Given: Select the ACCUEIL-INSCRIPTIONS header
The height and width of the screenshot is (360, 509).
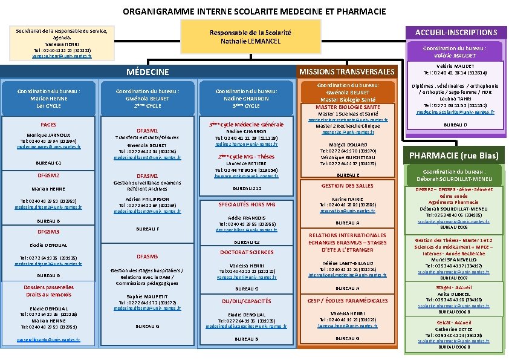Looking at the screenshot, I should (x=456, y=33).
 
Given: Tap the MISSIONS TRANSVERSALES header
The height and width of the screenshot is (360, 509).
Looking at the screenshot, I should (x=347, y=72).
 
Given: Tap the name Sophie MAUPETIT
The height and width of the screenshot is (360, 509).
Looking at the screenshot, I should (x=148, y=296).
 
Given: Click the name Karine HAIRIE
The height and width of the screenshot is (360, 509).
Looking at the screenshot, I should (x=347, y=199).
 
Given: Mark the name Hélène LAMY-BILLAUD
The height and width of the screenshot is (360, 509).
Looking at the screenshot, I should (x=347, y=263).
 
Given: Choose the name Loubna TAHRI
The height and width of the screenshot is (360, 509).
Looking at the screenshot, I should (x=458, y=99).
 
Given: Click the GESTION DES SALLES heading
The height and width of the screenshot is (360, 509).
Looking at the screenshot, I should (x=347, y=186).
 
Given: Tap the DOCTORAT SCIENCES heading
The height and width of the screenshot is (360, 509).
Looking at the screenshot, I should (x=247, y=252).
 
